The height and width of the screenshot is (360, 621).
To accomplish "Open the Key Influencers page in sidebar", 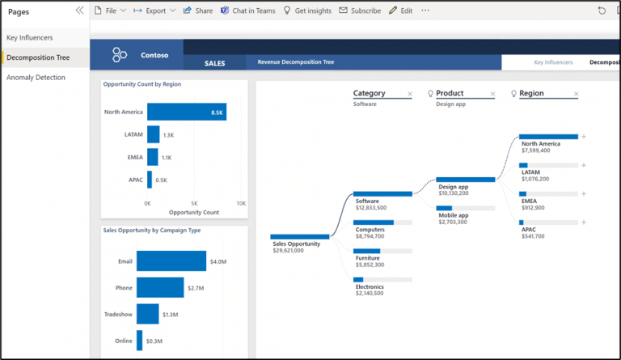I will (31, 38).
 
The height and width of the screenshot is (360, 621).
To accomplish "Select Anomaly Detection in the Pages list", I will (36, 78).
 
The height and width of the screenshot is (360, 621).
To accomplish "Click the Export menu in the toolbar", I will (155, 11).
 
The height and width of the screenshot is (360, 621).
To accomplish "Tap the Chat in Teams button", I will (247, 11).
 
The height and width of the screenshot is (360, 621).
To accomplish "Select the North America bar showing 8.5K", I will (186, 112).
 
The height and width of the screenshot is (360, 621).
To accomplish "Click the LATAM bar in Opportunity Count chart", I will (153, 134).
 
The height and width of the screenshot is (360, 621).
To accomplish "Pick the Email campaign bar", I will (171, 260).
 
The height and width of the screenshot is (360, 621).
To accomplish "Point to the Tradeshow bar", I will (147, 314).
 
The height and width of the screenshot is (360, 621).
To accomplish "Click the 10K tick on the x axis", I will (241, 204).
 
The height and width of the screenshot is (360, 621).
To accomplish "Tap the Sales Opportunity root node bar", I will (299, 236).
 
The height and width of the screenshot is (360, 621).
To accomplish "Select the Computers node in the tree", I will (373, 222).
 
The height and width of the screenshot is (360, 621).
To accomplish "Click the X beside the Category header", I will (410, 95).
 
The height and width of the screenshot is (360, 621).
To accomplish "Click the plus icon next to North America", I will (584, 137).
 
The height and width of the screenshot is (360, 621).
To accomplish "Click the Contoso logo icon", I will (120, 55).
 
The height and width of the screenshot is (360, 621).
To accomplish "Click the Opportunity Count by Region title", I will (142, 84).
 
